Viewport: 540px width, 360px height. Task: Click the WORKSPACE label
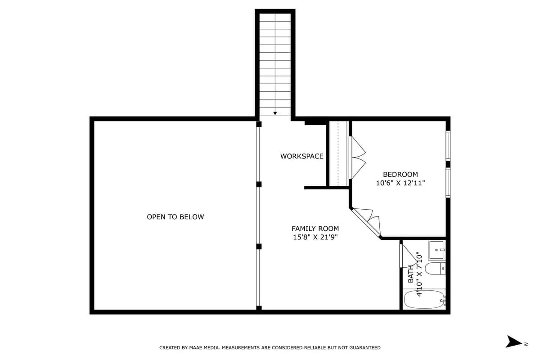click(x=301, y=156)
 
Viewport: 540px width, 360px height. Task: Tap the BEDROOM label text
click(x=400, y=174)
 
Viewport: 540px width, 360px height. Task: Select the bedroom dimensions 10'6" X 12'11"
click(x=400, y=183)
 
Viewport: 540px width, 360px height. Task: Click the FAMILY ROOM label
click(x=315, y=229)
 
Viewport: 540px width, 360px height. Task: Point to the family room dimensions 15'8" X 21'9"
click(x=315, y=237)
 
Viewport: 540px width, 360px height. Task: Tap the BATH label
click(x=411, y=274)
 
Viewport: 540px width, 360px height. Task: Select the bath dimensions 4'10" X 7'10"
click(x=419, y=274)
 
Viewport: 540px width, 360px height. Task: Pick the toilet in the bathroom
click(x=435, y=269)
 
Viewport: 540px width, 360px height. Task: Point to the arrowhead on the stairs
click(x=275, y=113)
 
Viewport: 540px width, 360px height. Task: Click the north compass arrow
click(x=513, y=342)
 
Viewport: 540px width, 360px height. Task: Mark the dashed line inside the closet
click(x=337, y=153)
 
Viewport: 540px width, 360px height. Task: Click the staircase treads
click(x=275, y=63)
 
